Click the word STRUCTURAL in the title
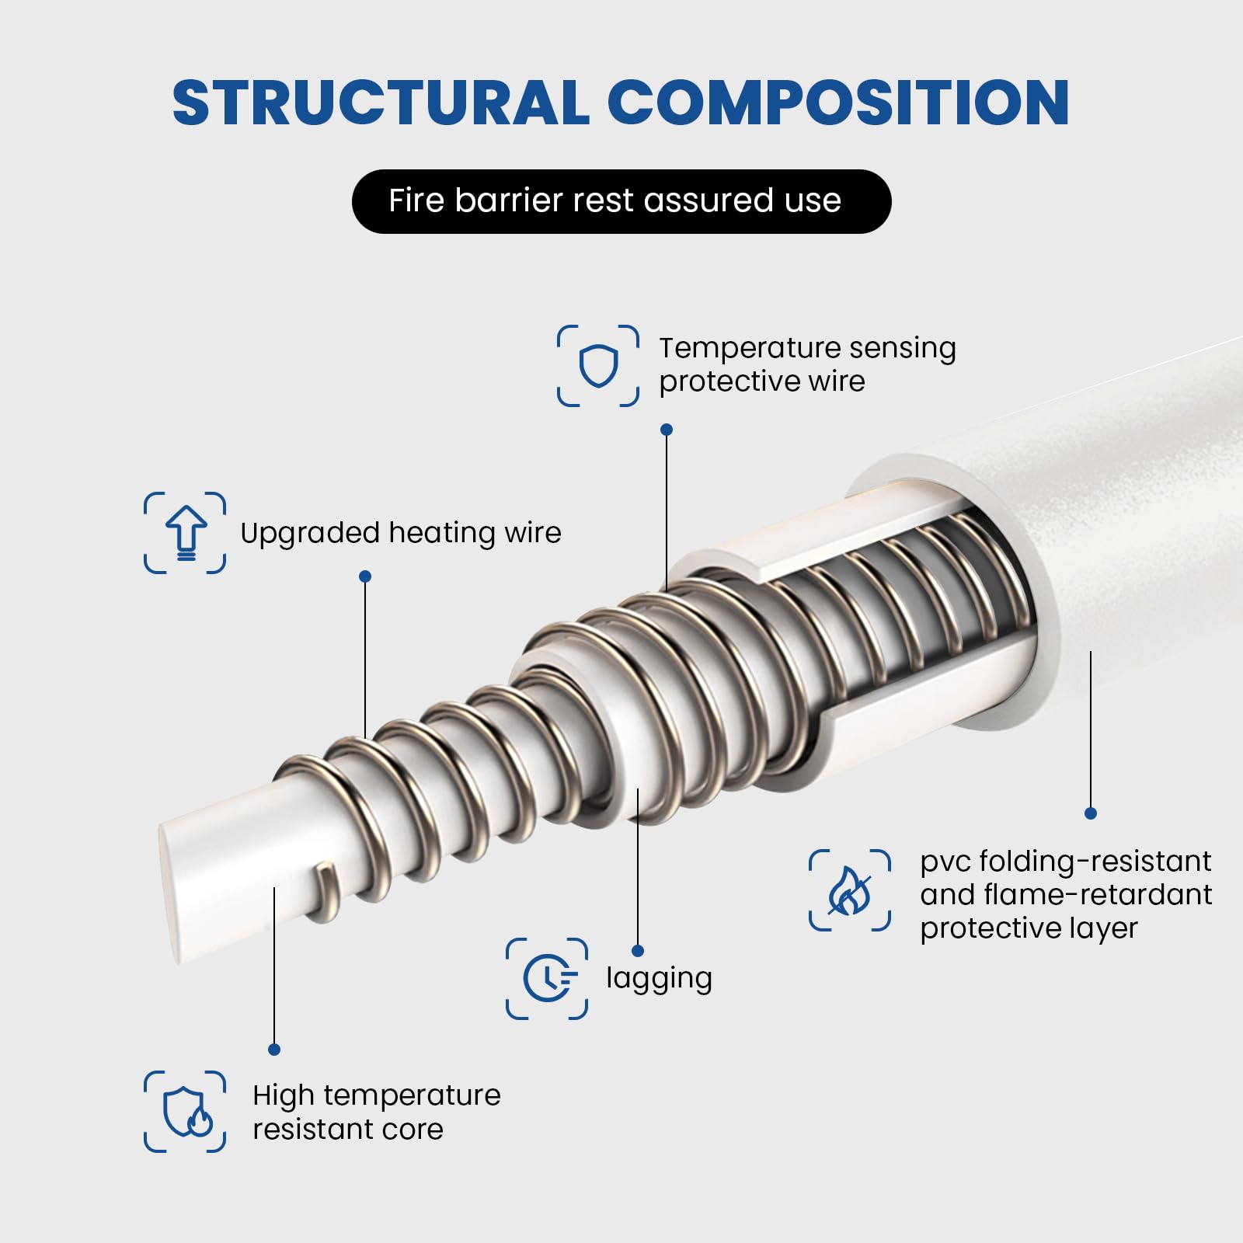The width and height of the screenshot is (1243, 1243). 381,103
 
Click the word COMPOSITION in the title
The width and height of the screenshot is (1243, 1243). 838,103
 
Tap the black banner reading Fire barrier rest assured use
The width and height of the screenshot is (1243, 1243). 621,201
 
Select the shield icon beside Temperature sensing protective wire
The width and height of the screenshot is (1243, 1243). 598,366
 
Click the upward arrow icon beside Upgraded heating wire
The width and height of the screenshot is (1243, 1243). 185,533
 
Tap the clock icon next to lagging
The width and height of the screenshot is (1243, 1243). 547,979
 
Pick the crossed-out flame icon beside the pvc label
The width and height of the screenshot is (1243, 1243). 849,890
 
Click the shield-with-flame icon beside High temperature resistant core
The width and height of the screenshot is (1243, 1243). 185,1112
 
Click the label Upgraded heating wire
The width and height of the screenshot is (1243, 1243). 400,533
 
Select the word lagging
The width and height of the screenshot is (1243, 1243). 659,978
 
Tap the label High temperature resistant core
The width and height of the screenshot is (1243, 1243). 376,1112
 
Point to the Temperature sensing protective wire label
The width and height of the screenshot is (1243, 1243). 806,364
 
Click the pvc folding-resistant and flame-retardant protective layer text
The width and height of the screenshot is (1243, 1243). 1065,894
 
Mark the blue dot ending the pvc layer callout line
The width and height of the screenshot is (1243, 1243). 1091,813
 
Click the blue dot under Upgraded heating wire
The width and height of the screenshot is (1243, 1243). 365,576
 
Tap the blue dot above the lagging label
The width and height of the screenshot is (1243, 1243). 638,951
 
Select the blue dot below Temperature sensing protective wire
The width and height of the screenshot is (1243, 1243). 666,430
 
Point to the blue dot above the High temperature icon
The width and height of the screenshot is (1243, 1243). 274,1050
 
